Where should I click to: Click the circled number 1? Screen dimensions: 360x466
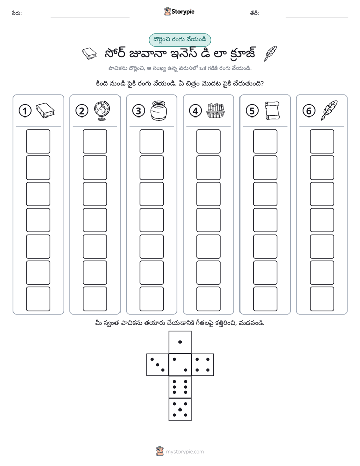[x=25, y=111]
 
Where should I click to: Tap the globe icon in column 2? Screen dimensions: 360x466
[x=102, y=110]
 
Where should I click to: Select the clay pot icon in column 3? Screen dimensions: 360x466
[x=159, y=110]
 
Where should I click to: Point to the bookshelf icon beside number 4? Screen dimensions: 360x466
[x=215, y=110]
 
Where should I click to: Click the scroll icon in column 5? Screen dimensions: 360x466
[x=272, y=110]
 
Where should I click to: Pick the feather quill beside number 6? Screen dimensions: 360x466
[x=329, y=110]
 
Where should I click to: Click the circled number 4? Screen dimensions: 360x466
[x=195, y=111]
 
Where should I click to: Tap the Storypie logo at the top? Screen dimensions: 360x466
[x=179, y=12]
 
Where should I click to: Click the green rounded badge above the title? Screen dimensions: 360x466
[x=179, y=40]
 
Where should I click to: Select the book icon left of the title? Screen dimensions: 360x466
[x=89, y=54]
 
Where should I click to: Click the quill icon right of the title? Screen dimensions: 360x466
[x=270, y=53]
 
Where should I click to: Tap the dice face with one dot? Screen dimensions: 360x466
[x=180, y=342]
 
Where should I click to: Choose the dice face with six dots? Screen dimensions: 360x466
[x=180, y=387]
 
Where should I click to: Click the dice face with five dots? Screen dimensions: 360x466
[x=180, y=410]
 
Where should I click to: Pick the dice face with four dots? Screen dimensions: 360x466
[x=203, y=364]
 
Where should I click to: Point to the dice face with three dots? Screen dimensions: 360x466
[x=157, y=364]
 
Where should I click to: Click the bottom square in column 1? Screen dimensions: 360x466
[x=38, y=299]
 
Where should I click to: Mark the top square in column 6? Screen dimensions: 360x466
[x=322, y=141]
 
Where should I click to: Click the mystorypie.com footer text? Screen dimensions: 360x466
[x=185, y=452]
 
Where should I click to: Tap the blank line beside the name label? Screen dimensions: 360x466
[x=90, y=17]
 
